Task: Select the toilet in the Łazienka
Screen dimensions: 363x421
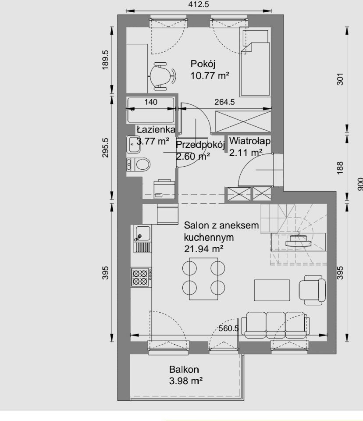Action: [138, 164]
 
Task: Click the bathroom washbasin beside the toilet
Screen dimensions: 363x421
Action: [133, 144]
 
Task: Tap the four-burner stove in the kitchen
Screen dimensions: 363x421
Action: [141, 277]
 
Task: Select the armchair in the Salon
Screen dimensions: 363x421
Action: [312, 290]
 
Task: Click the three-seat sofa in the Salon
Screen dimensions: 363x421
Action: [275, 325]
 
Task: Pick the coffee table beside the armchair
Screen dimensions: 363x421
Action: [272, 290]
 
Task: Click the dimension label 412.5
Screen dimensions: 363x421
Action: [199, 4]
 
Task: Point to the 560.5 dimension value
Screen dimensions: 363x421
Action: [228, 328]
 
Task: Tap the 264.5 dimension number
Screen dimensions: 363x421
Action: [224, 102]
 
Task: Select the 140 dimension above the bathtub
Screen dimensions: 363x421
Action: [151, 102]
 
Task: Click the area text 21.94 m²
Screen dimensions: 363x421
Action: [204, 249]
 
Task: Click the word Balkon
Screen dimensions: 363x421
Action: [184, 369]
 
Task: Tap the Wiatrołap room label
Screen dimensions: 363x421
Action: [249, 141]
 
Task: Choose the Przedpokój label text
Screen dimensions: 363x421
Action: [200, 145]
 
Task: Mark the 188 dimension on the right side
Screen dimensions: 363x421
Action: [340, 168]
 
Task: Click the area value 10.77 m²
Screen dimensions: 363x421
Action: [210, 76]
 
